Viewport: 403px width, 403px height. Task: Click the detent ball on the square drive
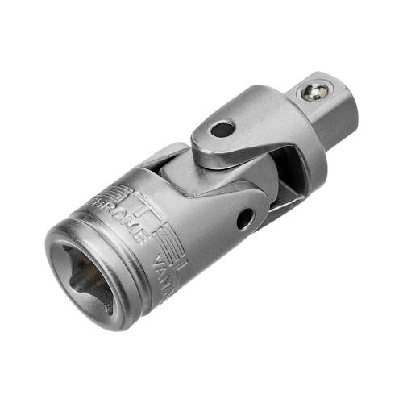[312, 92]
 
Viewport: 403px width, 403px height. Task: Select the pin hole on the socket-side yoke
[244, 214]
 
